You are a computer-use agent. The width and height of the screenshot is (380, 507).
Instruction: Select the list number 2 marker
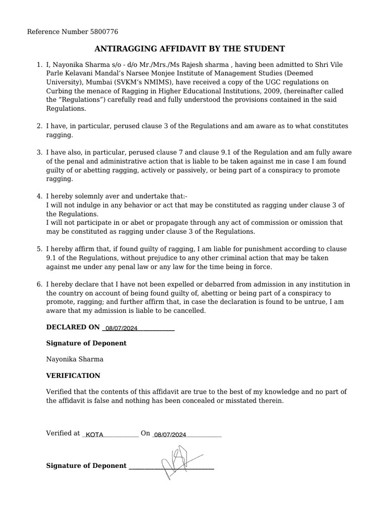pos(39,126)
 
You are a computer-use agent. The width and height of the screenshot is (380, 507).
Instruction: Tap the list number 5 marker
pos(39,249)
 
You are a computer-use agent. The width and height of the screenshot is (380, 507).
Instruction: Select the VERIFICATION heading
pos(73,375)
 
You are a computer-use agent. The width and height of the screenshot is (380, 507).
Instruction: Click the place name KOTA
pos(95,435)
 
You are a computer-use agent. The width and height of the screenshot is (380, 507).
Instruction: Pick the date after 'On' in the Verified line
pos(170,435)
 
